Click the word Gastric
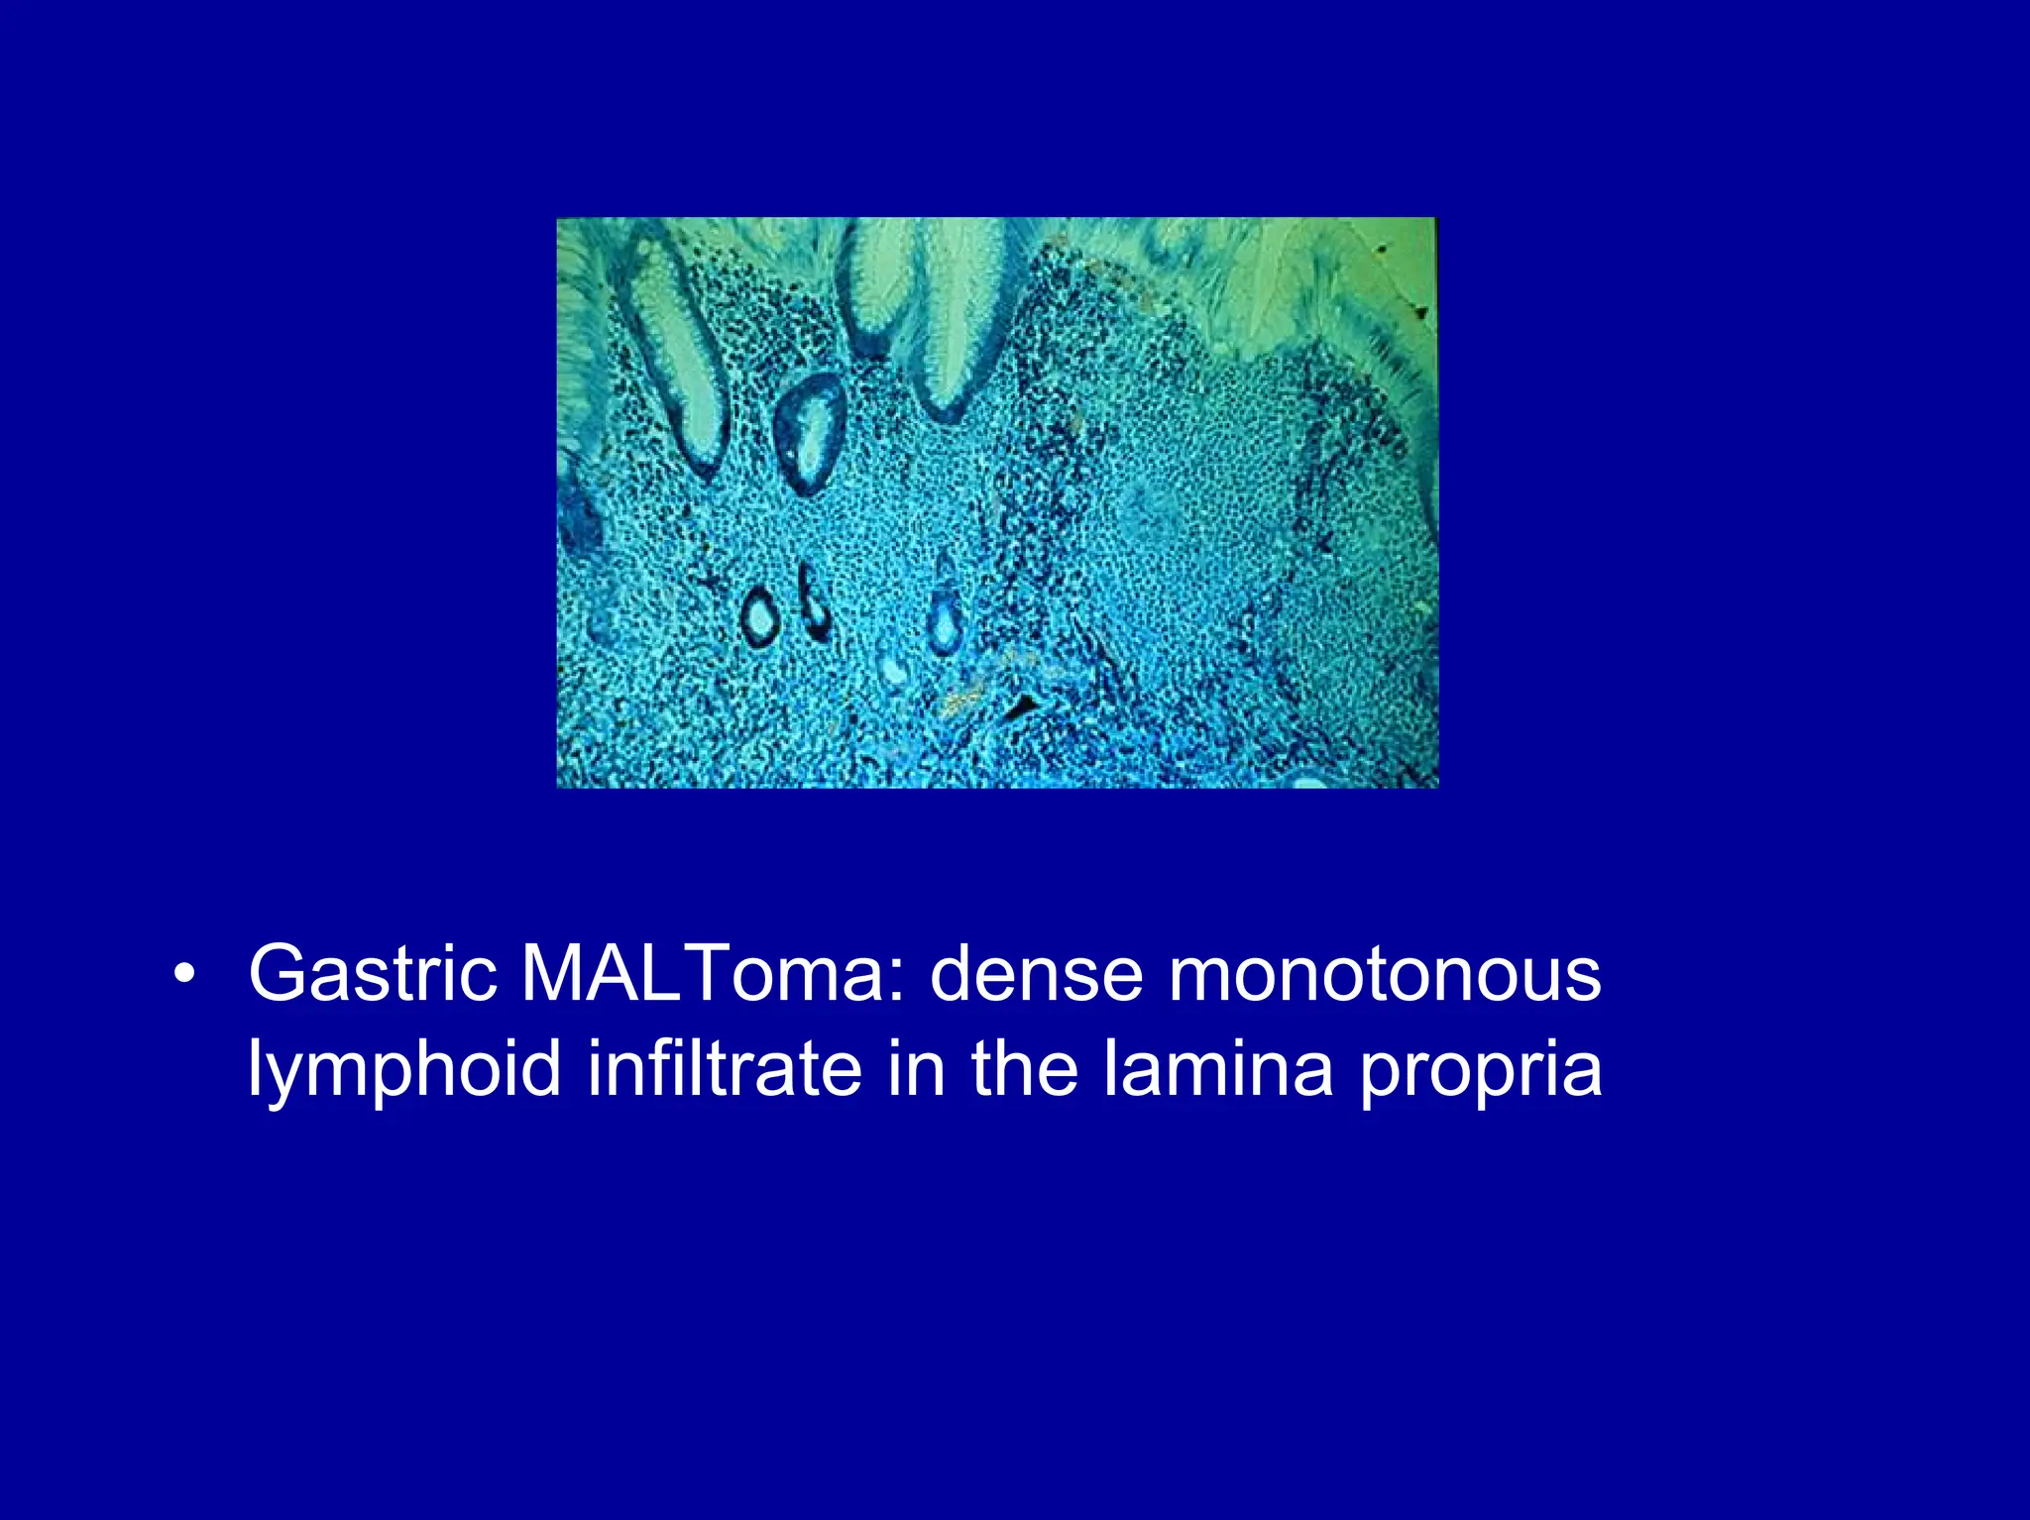click(372, 974)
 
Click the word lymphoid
click(404, 1070)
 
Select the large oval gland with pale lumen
click(811, 434)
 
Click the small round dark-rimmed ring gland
click(760, 617)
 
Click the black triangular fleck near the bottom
click(1021, 706)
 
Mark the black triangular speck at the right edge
click(1422, 313)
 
